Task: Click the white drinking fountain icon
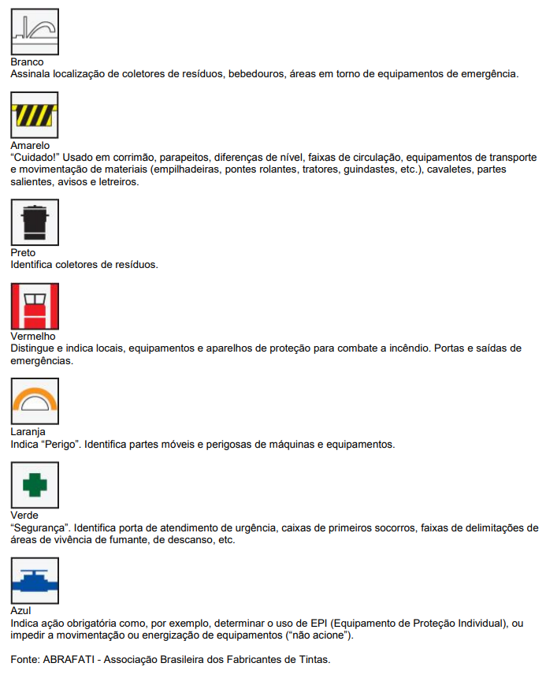[x=35, y=31]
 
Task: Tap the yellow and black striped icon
[x=35, y=115]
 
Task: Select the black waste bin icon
[x=35, y=222]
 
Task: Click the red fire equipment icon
[x=35, y=306]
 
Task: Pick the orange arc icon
[x=35, y=401]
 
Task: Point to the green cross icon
[x=35, y=485]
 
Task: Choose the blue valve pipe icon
[x=35, y=580]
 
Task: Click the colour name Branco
[x=27, y=61]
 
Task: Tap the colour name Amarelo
[x=30, y=146]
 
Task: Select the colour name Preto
[x=24, y=253]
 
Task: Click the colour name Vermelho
[x=33, y=337]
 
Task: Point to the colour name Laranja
[x=28, y=432]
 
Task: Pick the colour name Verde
[x=24, y=516]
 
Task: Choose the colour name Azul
[x=21, y=611]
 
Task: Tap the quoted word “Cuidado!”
[x=32, y=157]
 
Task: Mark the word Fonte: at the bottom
[x=25, y=658]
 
